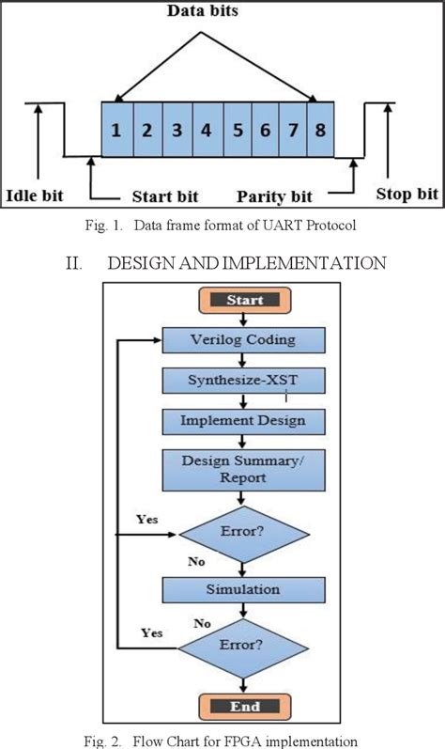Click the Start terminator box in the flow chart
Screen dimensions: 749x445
coord(243,301)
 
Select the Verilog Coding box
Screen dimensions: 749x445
coord(243,340)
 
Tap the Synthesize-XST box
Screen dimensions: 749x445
coord(243,380)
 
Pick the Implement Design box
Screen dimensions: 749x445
coord(243,420)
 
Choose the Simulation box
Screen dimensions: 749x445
coord(243,589)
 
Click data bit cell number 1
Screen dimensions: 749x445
coord(116,132)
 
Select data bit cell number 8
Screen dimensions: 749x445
coord(320,132)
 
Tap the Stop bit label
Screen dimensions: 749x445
coord(407,195)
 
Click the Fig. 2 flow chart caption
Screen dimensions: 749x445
coord(222,739)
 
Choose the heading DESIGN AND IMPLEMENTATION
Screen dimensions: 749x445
coord(224,263)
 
